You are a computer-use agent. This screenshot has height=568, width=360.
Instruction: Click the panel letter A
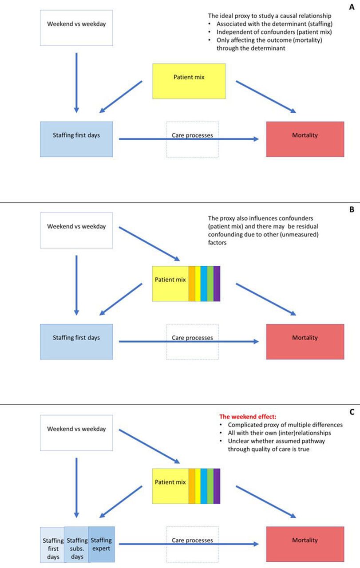[352, 7]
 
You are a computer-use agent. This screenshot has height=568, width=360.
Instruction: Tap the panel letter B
[352, 209]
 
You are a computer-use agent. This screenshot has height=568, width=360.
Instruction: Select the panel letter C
[352, 412]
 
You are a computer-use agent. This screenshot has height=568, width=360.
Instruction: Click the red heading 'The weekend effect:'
[248, 417]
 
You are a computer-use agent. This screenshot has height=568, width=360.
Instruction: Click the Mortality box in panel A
[305, 139]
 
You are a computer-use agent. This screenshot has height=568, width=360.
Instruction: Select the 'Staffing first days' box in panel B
[76, 342]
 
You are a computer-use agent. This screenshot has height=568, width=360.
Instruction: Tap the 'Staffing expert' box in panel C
[101, 544]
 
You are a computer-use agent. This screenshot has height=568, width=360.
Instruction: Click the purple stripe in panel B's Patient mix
[217, 284]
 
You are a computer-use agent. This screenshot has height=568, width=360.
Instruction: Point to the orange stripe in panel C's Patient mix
[192, 486]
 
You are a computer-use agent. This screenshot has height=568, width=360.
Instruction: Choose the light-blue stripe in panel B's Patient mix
[204, 284]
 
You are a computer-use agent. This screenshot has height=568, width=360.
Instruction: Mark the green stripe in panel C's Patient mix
[210, 486]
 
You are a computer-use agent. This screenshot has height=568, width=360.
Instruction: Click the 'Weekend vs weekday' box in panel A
[76, 28]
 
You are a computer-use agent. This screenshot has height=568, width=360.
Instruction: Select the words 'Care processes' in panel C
[192, 540]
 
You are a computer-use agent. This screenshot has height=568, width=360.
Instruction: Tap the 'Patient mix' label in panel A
[189, 77]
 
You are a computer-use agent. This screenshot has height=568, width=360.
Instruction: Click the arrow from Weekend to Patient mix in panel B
[150, 244]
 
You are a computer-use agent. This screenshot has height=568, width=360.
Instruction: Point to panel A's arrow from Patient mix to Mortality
[266, 97]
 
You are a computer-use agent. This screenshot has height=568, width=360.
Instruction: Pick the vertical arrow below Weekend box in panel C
[76, 488]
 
